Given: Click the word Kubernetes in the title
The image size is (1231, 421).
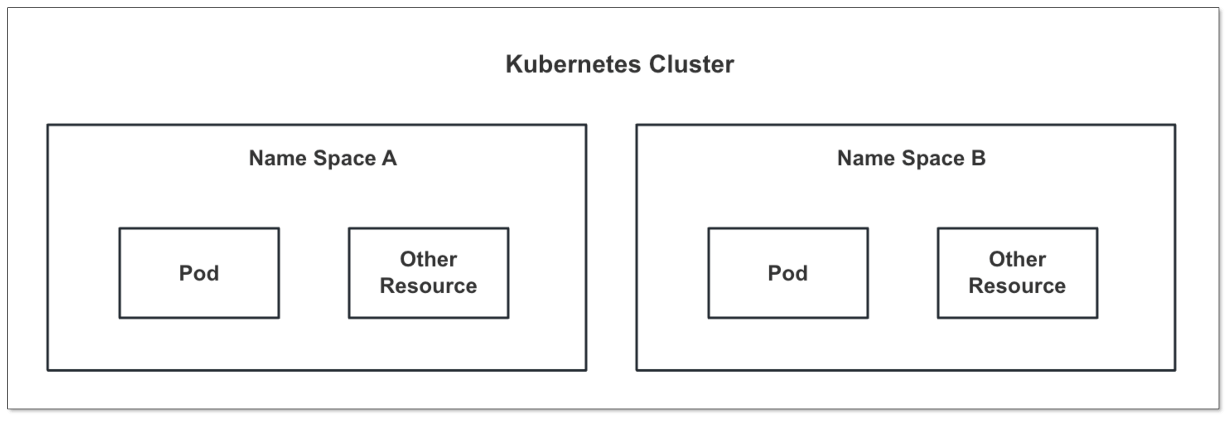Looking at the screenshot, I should [x=573, y=65].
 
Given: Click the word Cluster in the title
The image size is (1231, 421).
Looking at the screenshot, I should [x=691, y=65].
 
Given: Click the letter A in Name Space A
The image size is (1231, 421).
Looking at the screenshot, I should [x=389, y=158].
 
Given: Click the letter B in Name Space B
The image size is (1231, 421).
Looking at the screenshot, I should [x=978, y=158].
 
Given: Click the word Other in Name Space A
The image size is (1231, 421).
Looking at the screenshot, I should [x=428, y=259].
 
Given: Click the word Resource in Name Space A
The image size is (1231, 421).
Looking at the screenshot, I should [x=428, y=286].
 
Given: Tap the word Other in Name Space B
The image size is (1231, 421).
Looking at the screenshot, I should [x=1017, y=259].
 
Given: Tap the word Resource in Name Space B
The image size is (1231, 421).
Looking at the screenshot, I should [x=1017, y=286].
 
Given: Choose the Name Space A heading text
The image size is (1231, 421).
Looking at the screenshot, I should [x=323, y=158].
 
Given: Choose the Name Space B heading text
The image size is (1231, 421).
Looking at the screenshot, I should [x=911, y=158].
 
